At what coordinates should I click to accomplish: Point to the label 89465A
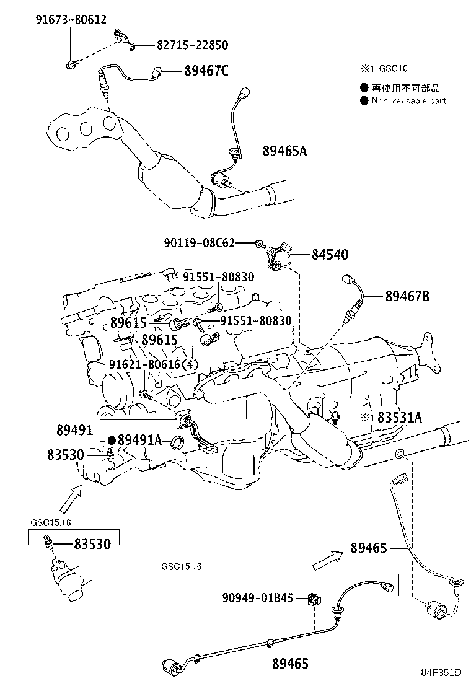click(x=284, y=151)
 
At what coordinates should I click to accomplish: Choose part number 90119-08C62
click(x=199, y=243)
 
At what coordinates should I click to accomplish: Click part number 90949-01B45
click(x=258, y=598)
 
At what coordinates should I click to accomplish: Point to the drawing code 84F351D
click(x=442, y=673)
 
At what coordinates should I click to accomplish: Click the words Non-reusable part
click(x=408, y=100)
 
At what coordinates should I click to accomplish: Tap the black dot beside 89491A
click(x=112, y=440)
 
